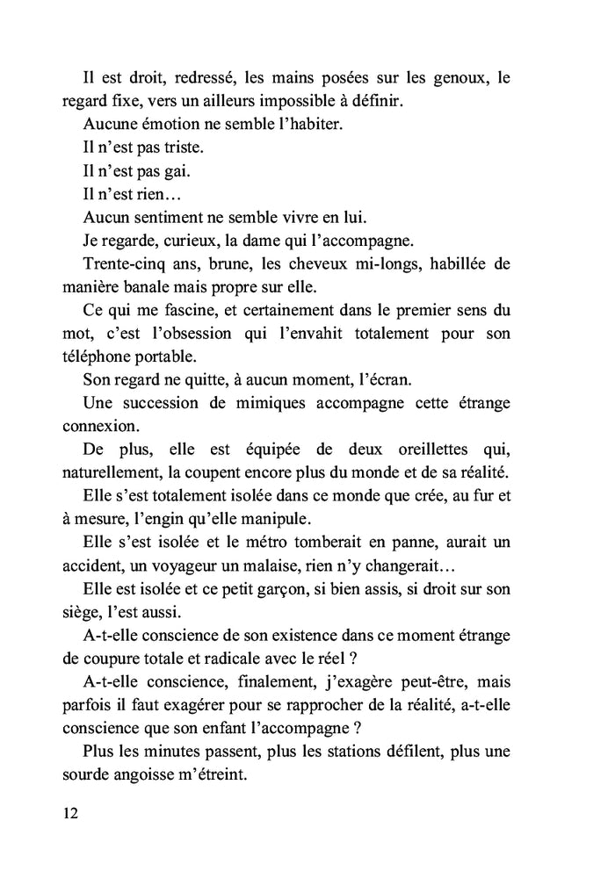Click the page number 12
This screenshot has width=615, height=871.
tap(70, 812)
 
